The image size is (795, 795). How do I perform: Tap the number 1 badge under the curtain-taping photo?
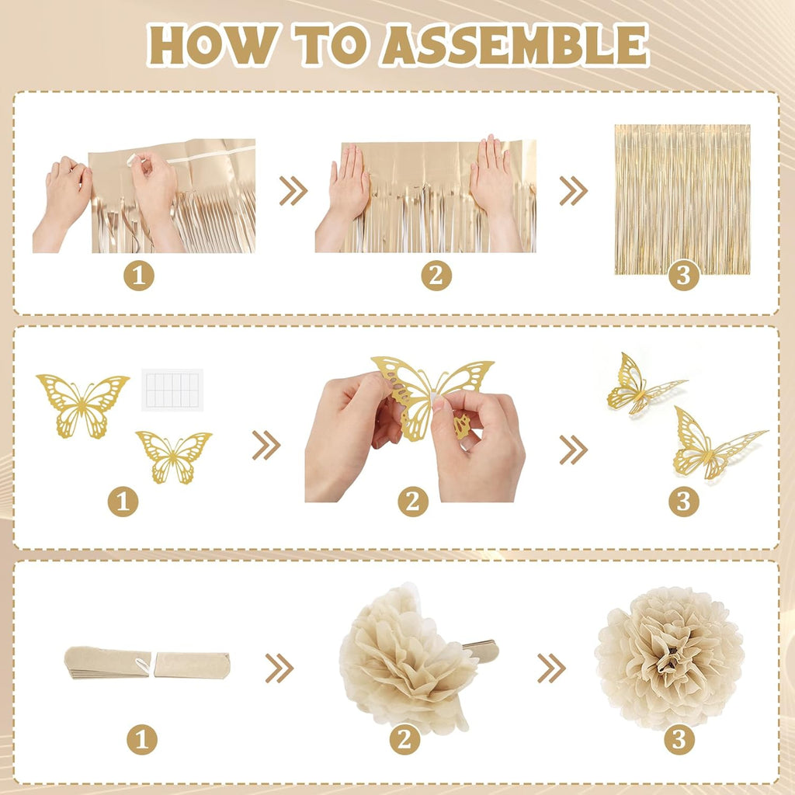139,276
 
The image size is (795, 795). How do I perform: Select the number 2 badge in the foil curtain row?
436,276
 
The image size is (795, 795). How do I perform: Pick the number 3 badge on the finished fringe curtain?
683,276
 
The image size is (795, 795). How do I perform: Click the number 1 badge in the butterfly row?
123,502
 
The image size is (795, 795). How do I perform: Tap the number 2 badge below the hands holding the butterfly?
413,502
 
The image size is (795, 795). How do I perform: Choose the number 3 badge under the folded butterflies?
683,502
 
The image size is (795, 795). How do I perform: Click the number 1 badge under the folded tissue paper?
142,739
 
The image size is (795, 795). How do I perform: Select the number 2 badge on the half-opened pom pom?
404,739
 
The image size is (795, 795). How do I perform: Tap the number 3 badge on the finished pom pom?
679,739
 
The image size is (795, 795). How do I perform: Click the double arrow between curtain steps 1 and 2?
293,191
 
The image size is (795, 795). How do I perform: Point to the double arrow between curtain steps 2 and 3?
574,191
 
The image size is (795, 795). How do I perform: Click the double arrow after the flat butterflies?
266,446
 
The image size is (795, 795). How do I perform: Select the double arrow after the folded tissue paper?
279,668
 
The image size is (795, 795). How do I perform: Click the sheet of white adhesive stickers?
172,390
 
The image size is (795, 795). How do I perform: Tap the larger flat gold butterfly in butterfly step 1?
82,405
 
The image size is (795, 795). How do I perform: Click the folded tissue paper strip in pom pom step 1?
147,663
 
